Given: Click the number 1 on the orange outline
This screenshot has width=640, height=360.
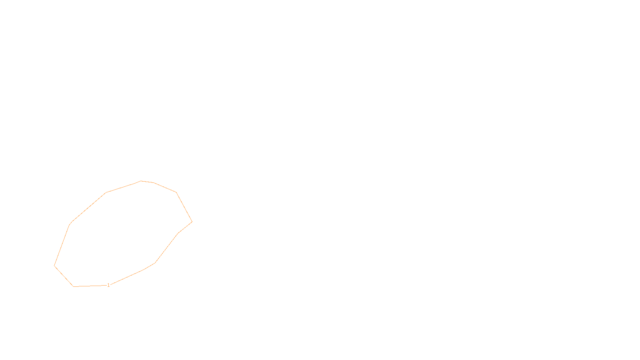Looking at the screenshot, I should point(108,285).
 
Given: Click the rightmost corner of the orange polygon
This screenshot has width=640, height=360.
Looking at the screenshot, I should point(192,222).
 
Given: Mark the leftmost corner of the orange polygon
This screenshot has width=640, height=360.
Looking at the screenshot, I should point(54,265).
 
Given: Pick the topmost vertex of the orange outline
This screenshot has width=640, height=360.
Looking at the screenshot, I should point(141,181).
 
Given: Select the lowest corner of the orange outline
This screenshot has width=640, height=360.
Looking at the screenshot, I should point(74,286).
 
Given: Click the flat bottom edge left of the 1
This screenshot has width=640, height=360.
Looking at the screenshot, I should point(90,286).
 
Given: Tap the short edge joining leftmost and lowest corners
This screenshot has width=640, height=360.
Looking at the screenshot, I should point(64,276).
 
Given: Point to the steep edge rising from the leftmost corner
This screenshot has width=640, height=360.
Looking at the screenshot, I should point(62,245).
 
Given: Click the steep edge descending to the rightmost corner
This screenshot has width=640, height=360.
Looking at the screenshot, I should point(184,207).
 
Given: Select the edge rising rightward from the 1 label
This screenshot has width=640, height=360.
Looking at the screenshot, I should point(126,278).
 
